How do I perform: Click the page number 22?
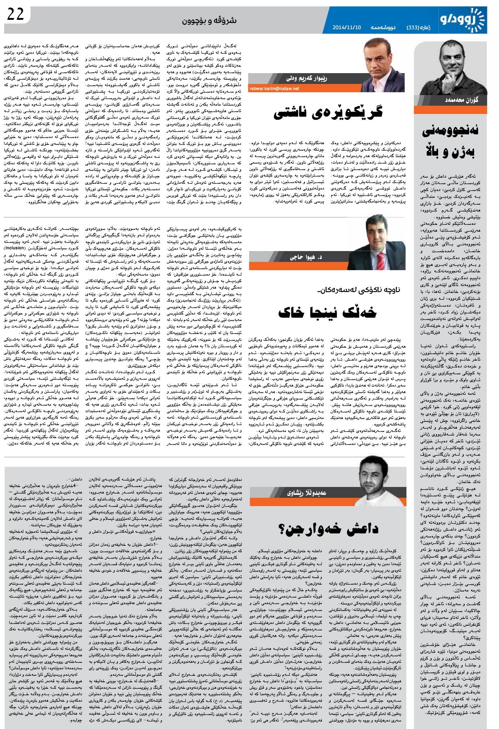click(x=15, y=14)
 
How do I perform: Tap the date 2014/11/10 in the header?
click(x=346, y=27)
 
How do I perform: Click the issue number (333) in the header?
click(x=414, y=27)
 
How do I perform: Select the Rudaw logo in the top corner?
click(x=463, y=20)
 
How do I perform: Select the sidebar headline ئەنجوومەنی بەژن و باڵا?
click(x=450, y=141)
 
